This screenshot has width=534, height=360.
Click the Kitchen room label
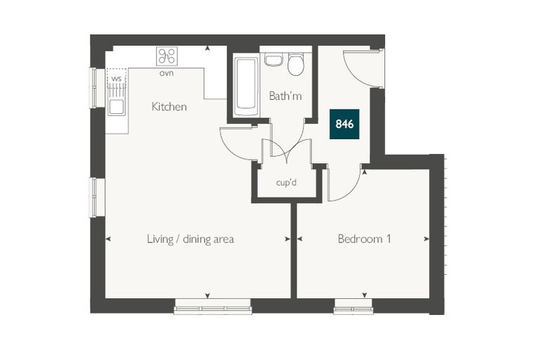click(169, 107)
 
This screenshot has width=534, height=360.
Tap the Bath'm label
click(285, 96)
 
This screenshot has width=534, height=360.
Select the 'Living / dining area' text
click(190, 239)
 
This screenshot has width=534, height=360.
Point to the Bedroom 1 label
click(364, 238)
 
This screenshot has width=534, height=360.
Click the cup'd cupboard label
click(287, 183)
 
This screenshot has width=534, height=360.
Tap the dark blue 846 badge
click(344, 124)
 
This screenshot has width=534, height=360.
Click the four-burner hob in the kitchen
click(167, 56)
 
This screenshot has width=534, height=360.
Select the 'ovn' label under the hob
click(167, 73)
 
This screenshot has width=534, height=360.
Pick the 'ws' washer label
click(117, 79)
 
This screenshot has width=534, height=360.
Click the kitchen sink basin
click(117, 107)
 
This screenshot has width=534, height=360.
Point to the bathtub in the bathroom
click(245, 87)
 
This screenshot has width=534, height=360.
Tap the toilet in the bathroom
click(296, 64)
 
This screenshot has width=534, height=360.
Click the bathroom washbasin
click(274, 59)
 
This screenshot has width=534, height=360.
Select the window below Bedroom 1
click(353, 307)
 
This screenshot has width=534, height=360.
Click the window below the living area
click(213, 307)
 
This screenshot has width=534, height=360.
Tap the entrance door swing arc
click(354, 75)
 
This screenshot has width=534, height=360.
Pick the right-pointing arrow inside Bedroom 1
click(426, 239)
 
